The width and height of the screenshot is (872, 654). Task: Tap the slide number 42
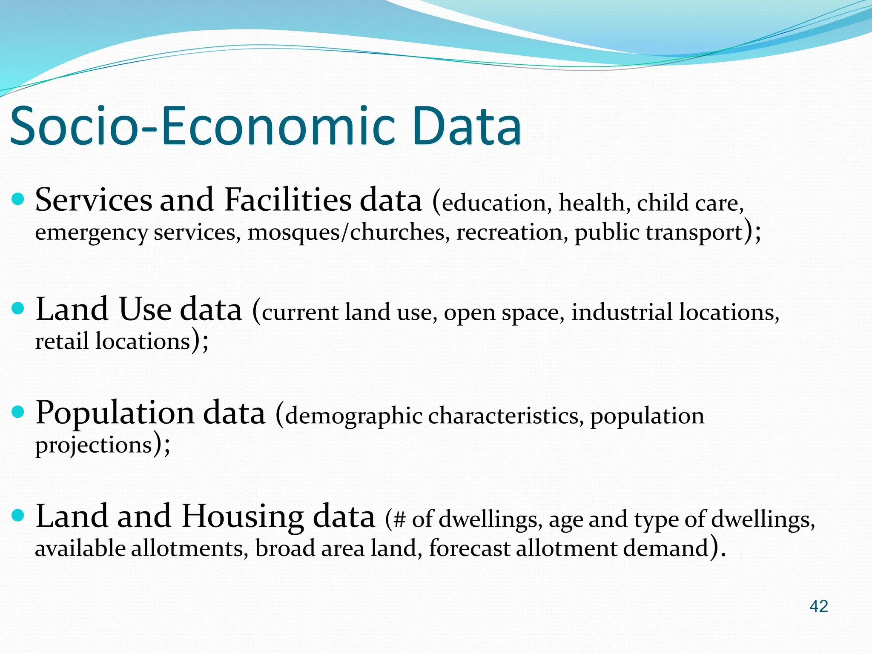click(818, 606)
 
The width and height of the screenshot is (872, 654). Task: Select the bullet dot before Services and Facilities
click(17, 199)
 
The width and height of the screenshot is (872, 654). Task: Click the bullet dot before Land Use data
click(17, 308)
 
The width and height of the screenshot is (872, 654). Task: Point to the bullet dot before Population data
click(17, 412)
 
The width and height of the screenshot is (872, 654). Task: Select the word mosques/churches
click(346, 232)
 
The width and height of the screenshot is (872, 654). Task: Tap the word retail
click(61, 341)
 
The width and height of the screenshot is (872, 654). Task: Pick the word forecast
click(469, 548)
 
